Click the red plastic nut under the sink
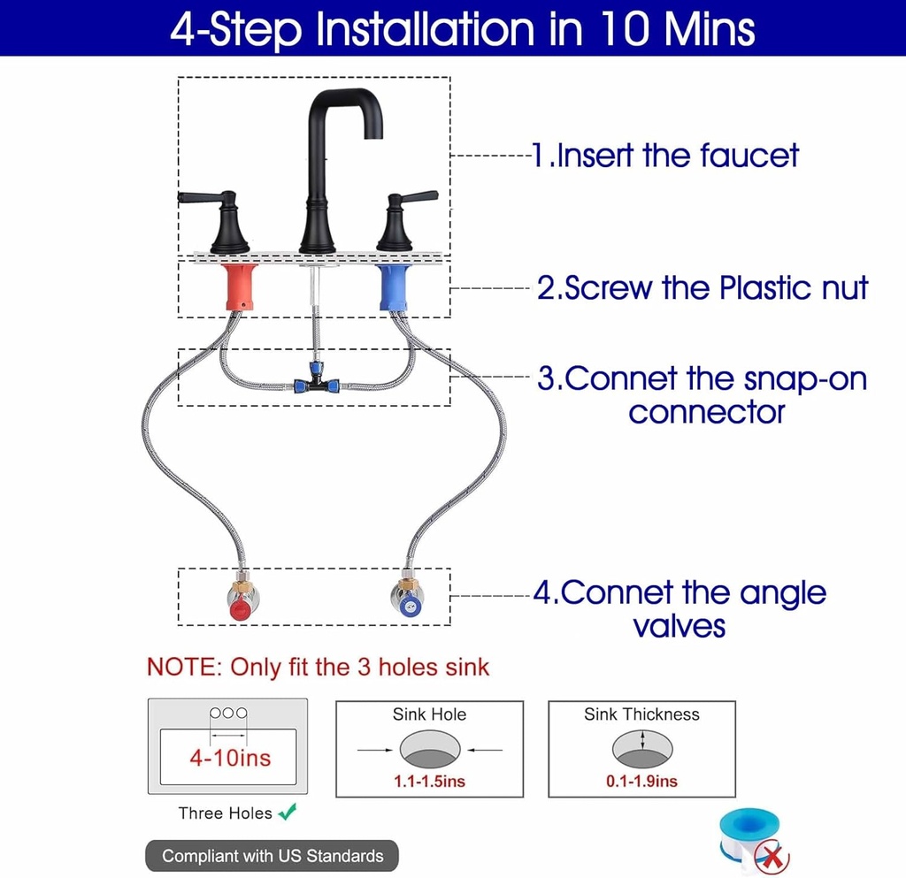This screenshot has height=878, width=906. (239, 286)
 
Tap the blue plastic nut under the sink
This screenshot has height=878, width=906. (394, 286)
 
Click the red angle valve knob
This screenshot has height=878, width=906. (241, 609)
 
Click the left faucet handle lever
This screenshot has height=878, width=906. (200, 197)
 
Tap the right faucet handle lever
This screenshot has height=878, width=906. (416, 197)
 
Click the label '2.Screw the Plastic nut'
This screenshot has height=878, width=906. (703, 287)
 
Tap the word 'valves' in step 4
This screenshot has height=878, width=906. (679, 626)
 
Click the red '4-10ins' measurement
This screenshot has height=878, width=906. (230, 758)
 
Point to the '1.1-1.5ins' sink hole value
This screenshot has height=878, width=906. (429, 781)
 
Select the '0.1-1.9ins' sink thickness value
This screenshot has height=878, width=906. (641, 781)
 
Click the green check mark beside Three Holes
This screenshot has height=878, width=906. (288, 812)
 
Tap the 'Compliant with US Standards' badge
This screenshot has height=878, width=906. (273, 856)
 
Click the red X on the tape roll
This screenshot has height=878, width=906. (773, 856)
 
